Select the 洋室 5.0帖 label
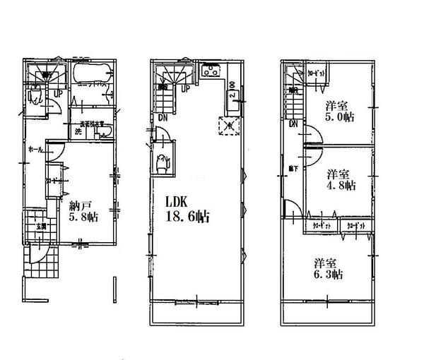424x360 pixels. [340, 112]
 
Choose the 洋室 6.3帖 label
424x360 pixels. [329, 268]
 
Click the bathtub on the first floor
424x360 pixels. [90, 73]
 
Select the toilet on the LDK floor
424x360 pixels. [163, 162]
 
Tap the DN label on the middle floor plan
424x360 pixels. [162, 117]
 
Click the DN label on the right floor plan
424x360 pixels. [293, 124]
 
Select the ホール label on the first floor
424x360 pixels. [33, 150]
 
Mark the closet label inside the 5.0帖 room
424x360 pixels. [317, 73]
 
